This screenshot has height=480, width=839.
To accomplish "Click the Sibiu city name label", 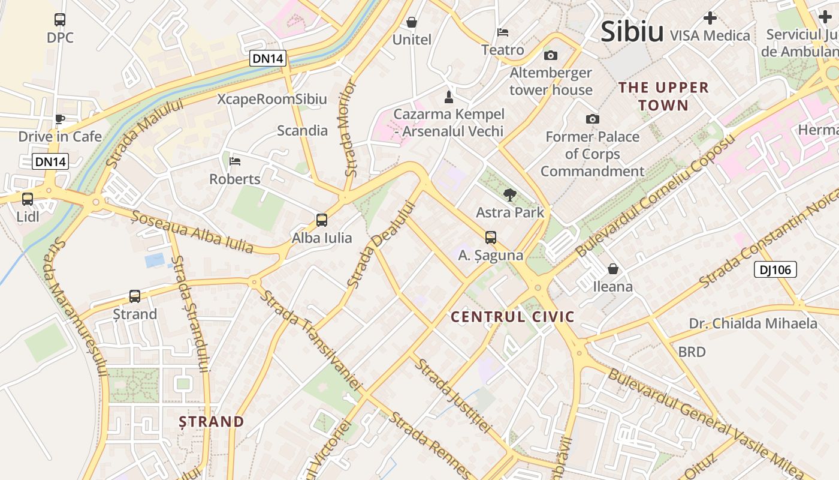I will tap(632, 31).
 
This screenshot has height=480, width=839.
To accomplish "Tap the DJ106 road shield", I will tap(775, 270).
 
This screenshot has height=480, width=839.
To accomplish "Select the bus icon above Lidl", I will tap(28, 199).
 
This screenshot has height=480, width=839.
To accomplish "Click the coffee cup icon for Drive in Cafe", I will tap(60, 119).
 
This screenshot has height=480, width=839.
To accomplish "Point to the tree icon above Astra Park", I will tap(510, 194).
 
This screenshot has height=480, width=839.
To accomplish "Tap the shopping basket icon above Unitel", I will tap(412, 23).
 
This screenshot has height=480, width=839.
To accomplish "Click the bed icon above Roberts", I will tap(235, 161).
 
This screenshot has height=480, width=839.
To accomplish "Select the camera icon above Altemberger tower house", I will tap(551, 56).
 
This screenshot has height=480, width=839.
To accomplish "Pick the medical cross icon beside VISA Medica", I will tap(710, 18).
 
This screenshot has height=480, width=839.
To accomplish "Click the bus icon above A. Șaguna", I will tap(491, 238).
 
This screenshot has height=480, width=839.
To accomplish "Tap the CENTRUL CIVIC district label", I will tap(512, 317).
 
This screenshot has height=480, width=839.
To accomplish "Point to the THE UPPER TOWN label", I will tap(663, 96).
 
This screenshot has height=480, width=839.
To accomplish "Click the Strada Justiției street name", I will tap(454, 396).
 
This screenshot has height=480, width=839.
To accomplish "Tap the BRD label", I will tap(692, 352).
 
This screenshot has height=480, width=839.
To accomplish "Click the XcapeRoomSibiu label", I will tap(272, 99).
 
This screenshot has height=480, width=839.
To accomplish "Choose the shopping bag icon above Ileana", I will tap(612, 269).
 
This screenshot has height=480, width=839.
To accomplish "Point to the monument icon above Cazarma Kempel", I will tap(448, 97).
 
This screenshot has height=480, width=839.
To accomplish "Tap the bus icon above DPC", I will tap(60, 20).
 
